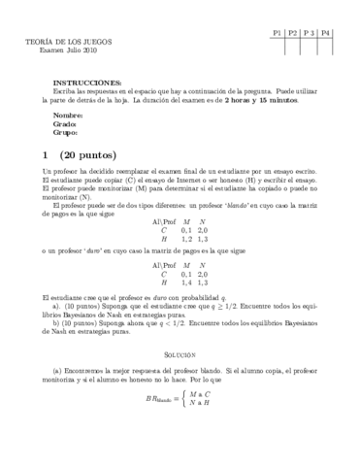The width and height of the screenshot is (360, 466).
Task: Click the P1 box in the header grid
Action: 278,32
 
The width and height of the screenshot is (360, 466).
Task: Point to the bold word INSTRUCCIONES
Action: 87,83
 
